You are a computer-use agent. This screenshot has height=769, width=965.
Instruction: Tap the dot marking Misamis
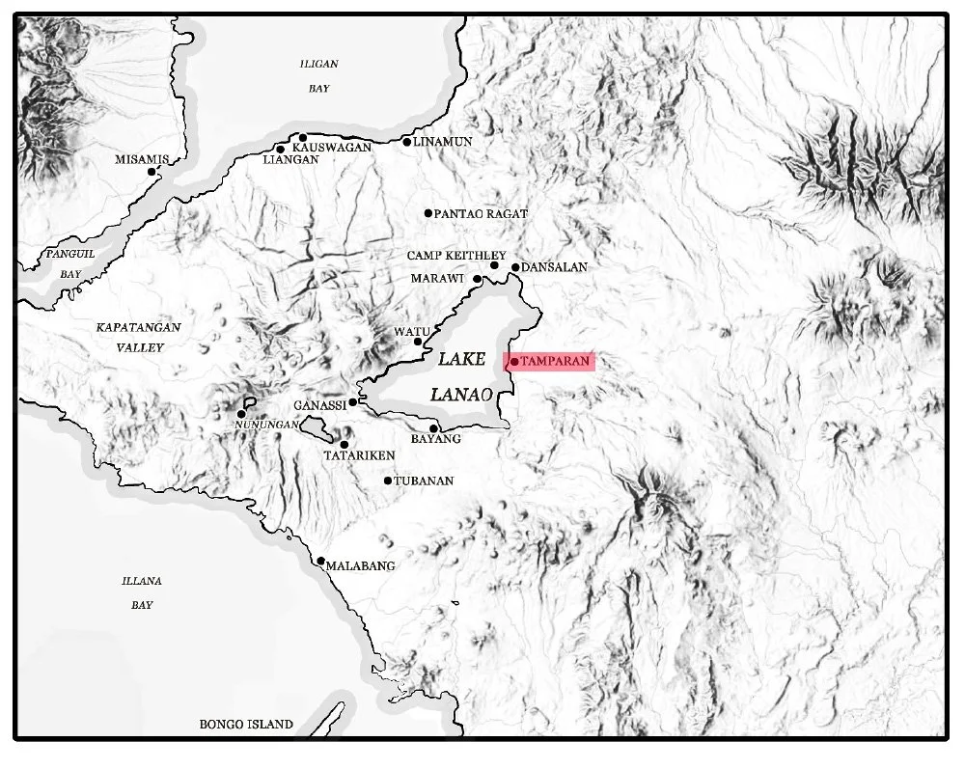pyautogui.click(x=152, y=172)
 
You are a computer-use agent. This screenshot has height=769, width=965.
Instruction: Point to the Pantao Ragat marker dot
pyautogui.click(x=428, y=213)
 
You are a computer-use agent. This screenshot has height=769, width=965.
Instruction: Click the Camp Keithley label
pyautogui.click(x=443, y=255)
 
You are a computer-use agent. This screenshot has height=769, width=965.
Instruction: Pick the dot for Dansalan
pyautogui.click(x=515, y=267)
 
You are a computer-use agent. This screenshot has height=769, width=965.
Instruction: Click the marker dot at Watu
pyautogui.click(x=418, y=342)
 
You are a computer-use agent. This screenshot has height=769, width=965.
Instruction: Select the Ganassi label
pyautogui.click(x=319, y=406)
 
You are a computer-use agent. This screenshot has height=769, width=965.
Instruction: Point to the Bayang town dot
pyautogui.click(x=434, y=428)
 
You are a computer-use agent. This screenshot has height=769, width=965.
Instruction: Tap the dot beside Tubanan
pyautogui.click(x=388, y=481)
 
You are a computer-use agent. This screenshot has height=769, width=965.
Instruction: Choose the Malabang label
pyautogui.click(x=362, y=566)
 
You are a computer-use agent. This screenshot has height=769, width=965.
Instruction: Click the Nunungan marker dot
pyautogui.click(x=241, y=414)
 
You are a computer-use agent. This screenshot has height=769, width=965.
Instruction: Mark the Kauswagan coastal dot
pyautogui.click(x=303, y=137)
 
